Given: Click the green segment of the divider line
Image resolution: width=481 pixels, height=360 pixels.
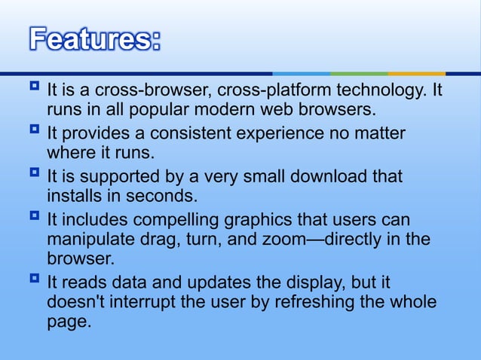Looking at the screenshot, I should [x=359, y=73].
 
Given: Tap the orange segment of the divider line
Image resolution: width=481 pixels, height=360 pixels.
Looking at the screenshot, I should [x=416, y=73].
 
